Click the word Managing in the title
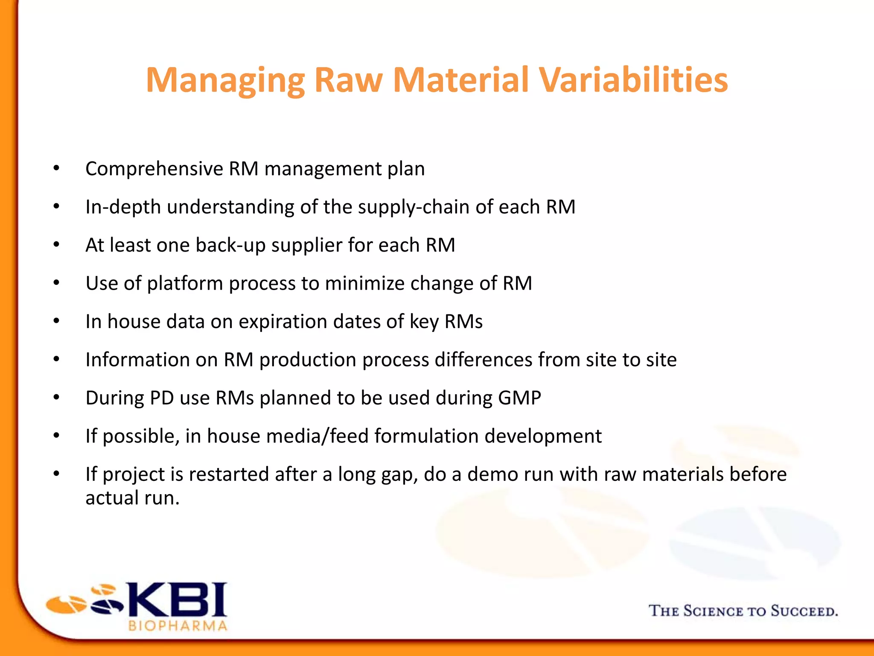225,81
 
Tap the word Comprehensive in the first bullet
154,169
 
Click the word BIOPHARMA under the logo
178,626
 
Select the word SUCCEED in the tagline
804,611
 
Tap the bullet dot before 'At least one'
56,245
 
